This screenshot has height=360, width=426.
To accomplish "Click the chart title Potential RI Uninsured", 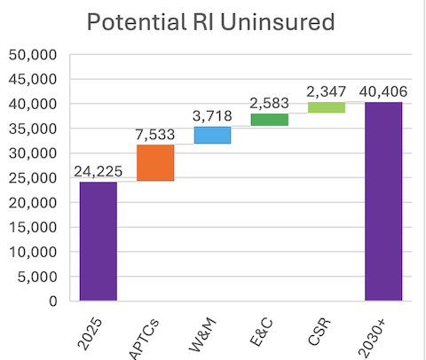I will (214, 21).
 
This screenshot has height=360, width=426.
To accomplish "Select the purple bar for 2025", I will (99, 241).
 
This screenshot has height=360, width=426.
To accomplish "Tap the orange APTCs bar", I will (155, 162).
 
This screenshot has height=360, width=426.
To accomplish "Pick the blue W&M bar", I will (212, 135).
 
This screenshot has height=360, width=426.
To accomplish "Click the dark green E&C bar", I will (269, 120).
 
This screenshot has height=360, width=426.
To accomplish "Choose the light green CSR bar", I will (326, 107).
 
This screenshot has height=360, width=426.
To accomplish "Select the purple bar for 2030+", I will (383, 201).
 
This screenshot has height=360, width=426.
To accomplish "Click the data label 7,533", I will (155, 136).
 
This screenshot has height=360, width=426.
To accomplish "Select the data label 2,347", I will (326, 92).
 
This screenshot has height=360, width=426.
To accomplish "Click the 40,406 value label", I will (383, 92).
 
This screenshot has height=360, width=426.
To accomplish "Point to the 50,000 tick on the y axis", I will (34, 54).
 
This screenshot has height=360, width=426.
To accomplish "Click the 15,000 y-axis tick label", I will (34, 227).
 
